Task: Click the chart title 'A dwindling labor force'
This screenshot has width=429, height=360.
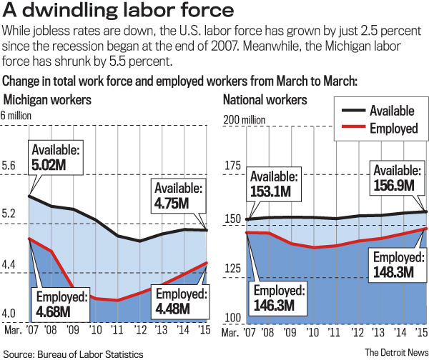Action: pyautogui.click(x=119, y=12)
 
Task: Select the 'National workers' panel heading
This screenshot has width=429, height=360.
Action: pyautogui.click(x=265, y=99)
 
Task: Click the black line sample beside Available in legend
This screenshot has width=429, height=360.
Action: pyautogui.click(x=350, y=111)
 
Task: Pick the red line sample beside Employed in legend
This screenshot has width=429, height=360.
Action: pyautogui.click(x=350, y=129)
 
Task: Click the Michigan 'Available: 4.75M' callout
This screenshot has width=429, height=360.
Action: pyautogui.click(x=177, y=196)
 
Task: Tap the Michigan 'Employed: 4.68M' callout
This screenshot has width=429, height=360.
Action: pyautogui.click(x=60, y=305)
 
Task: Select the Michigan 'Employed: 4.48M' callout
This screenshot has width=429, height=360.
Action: pyautogui.click(x=181, y=301)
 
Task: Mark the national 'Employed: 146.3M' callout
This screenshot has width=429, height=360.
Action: pyautogui.click(x=280, y=298)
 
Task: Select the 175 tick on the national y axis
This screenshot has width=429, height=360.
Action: pyautogui.click(x=234, y=166)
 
